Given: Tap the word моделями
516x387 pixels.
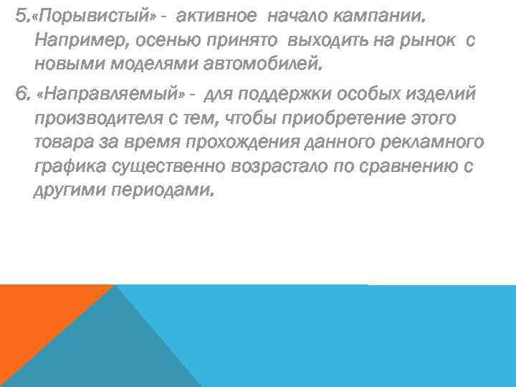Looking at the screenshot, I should point(133,67).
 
